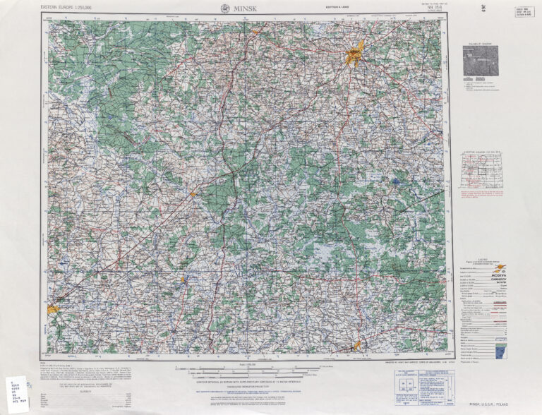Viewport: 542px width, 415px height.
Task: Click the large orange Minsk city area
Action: click(354, 55)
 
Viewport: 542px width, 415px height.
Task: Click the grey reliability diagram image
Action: click(480, 60)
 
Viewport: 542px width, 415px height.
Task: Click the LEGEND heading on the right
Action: click(480, 260)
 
